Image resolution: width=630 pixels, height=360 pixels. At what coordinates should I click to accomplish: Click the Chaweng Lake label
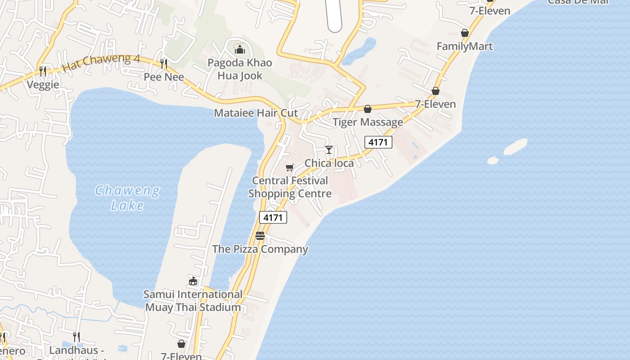pos(128,198)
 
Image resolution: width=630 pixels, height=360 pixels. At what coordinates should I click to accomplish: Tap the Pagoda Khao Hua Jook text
pos(240,69)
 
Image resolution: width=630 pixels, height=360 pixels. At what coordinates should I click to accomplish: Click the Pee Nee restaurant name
pos(164,77)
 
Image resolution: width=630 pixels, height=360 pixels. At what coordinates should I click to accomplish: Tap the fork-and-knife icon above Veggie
pos(43,71)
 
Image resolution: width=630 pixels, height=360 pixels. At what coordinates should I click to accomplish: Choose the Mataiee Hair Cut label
pos(256,112)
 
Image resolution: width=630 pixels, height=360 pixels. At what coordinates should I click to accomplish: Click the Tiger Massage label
pos(368,122)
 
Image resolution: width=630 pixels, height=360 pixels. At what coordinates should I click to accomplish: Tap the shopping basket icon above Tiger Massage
pos(368,109)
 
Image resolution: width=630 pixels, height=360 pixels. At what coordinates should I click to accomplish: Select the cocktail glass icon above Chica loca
pos(329,150)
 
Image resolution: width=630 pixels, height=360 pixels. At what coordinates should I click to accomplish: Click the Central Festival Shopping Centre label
pos(290,187)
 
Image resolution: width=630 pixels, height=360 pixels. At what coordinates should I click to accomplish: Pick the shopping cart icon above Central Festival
pos(289,168)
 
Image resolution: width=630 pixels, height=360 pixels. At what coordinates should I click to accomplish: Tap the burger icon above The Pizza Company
pos(260,235)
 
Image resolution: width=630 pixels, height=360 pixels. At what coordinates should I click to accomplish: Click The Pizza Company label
pos(260,249)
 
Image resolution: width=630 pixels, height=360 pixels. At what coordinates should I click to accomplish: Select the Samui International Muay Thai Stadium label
pos(193,301)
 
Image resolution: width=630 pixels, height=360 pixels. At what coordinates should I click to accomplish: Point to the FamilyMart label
pos(464,46)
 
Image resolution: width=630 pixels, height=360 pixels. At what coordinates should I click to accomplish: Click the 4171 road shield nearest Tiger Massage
pos(378,143)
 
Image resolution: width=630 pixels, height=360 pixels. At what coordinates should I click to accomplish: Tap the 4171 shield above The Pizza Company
pos(273,218)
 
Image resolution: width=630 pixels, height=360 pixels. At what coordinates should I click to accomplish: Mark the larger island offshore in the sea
pos(515,146)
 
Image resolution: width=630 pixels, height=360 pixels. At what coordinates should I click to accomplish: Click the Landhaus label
pos(76,350)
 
